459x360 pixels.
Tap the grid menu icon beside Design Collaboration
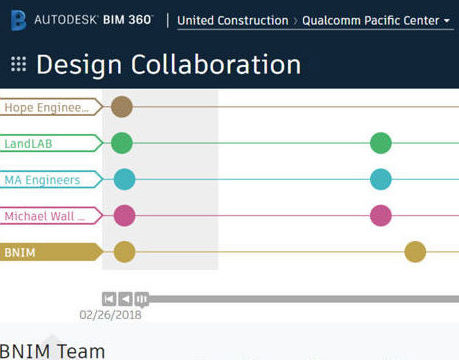point(18,65)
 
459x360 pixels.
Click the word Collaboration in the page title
point(215,65)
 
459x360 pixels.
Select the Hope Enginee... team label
point(48,107)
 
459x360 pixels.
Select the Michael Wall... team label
point(48,216)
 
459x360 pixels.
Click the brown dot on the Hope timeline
point(122,107)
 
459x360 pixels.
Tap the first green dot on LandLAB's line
point(122,143)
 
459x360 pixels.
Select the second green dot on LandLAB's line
point(380,143)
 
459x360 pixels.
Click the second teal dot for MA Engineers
point(380,179)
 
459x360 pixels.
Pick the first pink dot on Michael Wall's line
point(124,215)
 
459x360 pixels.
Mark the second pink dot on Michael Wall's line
point(380,215)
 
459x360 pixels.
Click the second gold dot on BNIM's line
point(415,252)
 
